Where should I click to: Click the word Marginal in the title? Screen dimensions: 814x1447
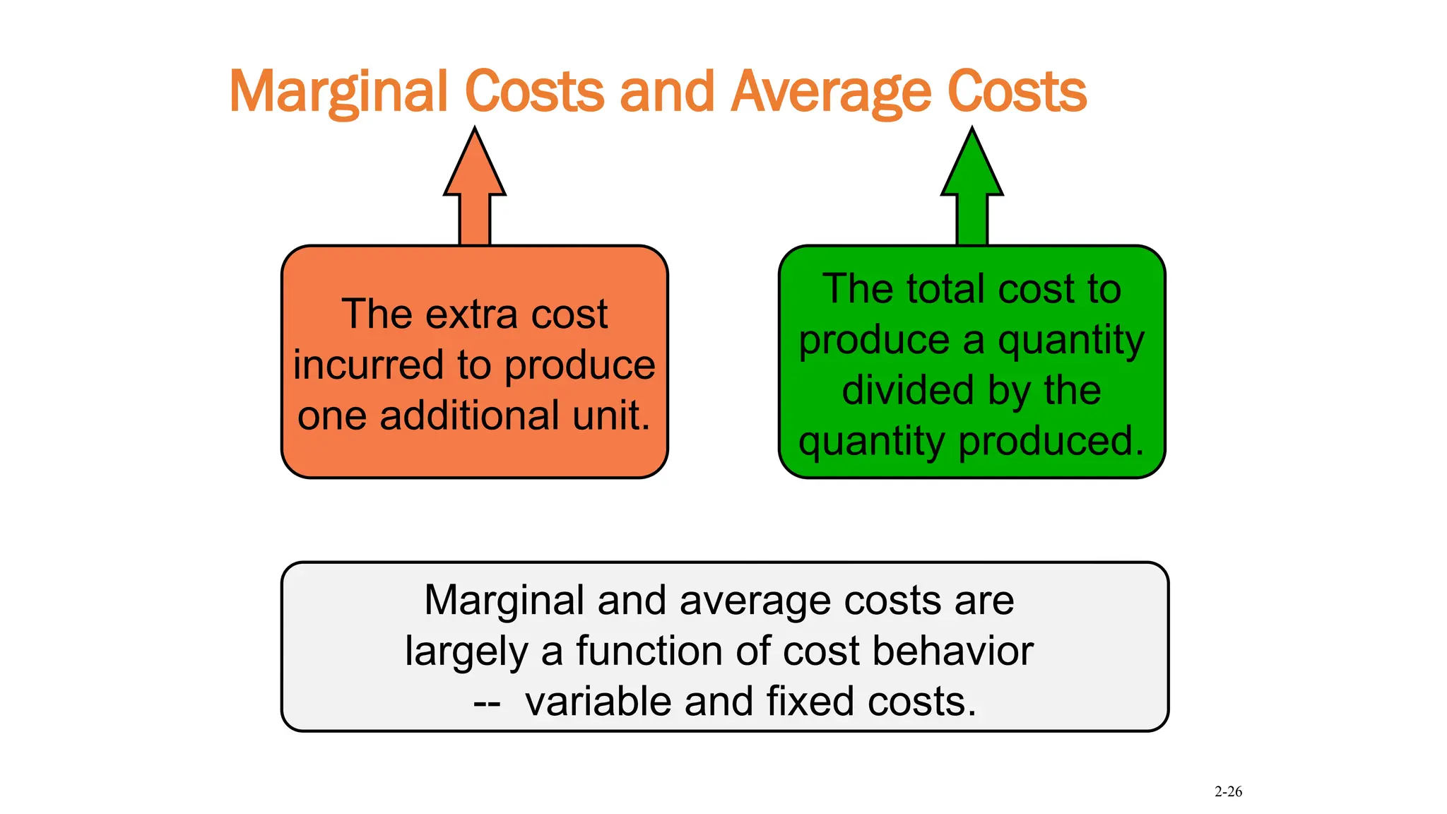click(339, 92)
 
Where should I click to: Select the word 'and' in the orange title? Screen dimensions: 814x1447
click(666, 92)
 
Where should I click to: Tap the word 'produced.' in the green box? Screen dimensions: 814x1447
click(1051, 441)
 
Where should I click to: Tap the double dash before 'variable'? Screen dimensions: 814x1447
click(487, 703)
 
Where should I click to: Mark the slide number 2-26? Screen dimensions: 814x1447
click(1228, 792)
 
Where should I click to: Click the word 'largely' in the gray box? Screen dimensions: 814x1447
click(466, 652)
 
